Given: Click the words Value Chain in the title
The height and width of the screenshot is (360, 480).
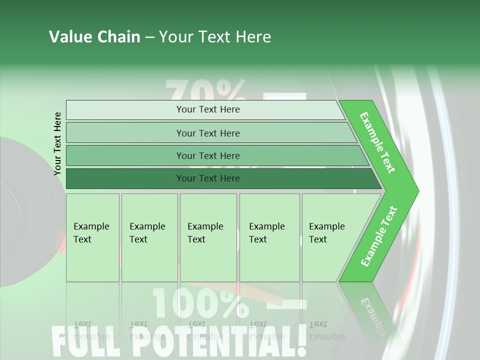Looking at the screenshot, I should pyautogui.click(x=94, y=37).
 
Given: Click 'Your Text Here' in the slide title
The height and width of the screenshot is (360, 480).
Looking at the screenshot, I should pyautogui.click(x=215, y=37).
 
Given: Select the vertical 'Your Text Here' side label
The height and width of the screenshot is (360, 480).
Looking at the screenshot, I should pyautogui.click(x=57, y=143).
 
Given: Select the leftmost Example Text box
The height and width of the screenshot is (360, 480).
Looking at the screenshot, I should pyautogui.click(x=92, y=237).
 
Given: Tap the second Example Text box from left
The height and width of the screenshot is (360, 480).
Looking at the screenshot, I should pyautogui.click(x=149, y=237).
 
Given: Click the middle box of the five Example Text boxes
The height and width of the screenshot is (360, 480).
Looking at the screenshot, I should pyautogui.click(x=208, y=237).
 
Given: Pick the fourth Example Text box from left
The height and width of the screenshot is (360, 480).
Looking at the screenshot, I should pyautogui.click(x=269, y=237).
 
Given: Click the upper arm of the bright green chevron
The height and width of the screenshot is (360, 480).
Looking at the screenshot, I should pyautogui.click(x=378, y=142).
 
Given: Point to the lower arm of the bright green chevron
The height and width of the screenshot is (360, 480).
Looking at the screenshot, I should pyautogui.click(x=378, y=237).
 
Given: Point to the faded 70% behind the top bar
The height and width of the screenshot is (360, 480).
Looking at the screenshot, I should pyautogui.click(x=205, y=90).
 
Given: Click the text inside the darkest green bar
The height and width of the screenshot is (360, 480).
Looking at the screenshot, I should pyautogui.click(x=208, y=178).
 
